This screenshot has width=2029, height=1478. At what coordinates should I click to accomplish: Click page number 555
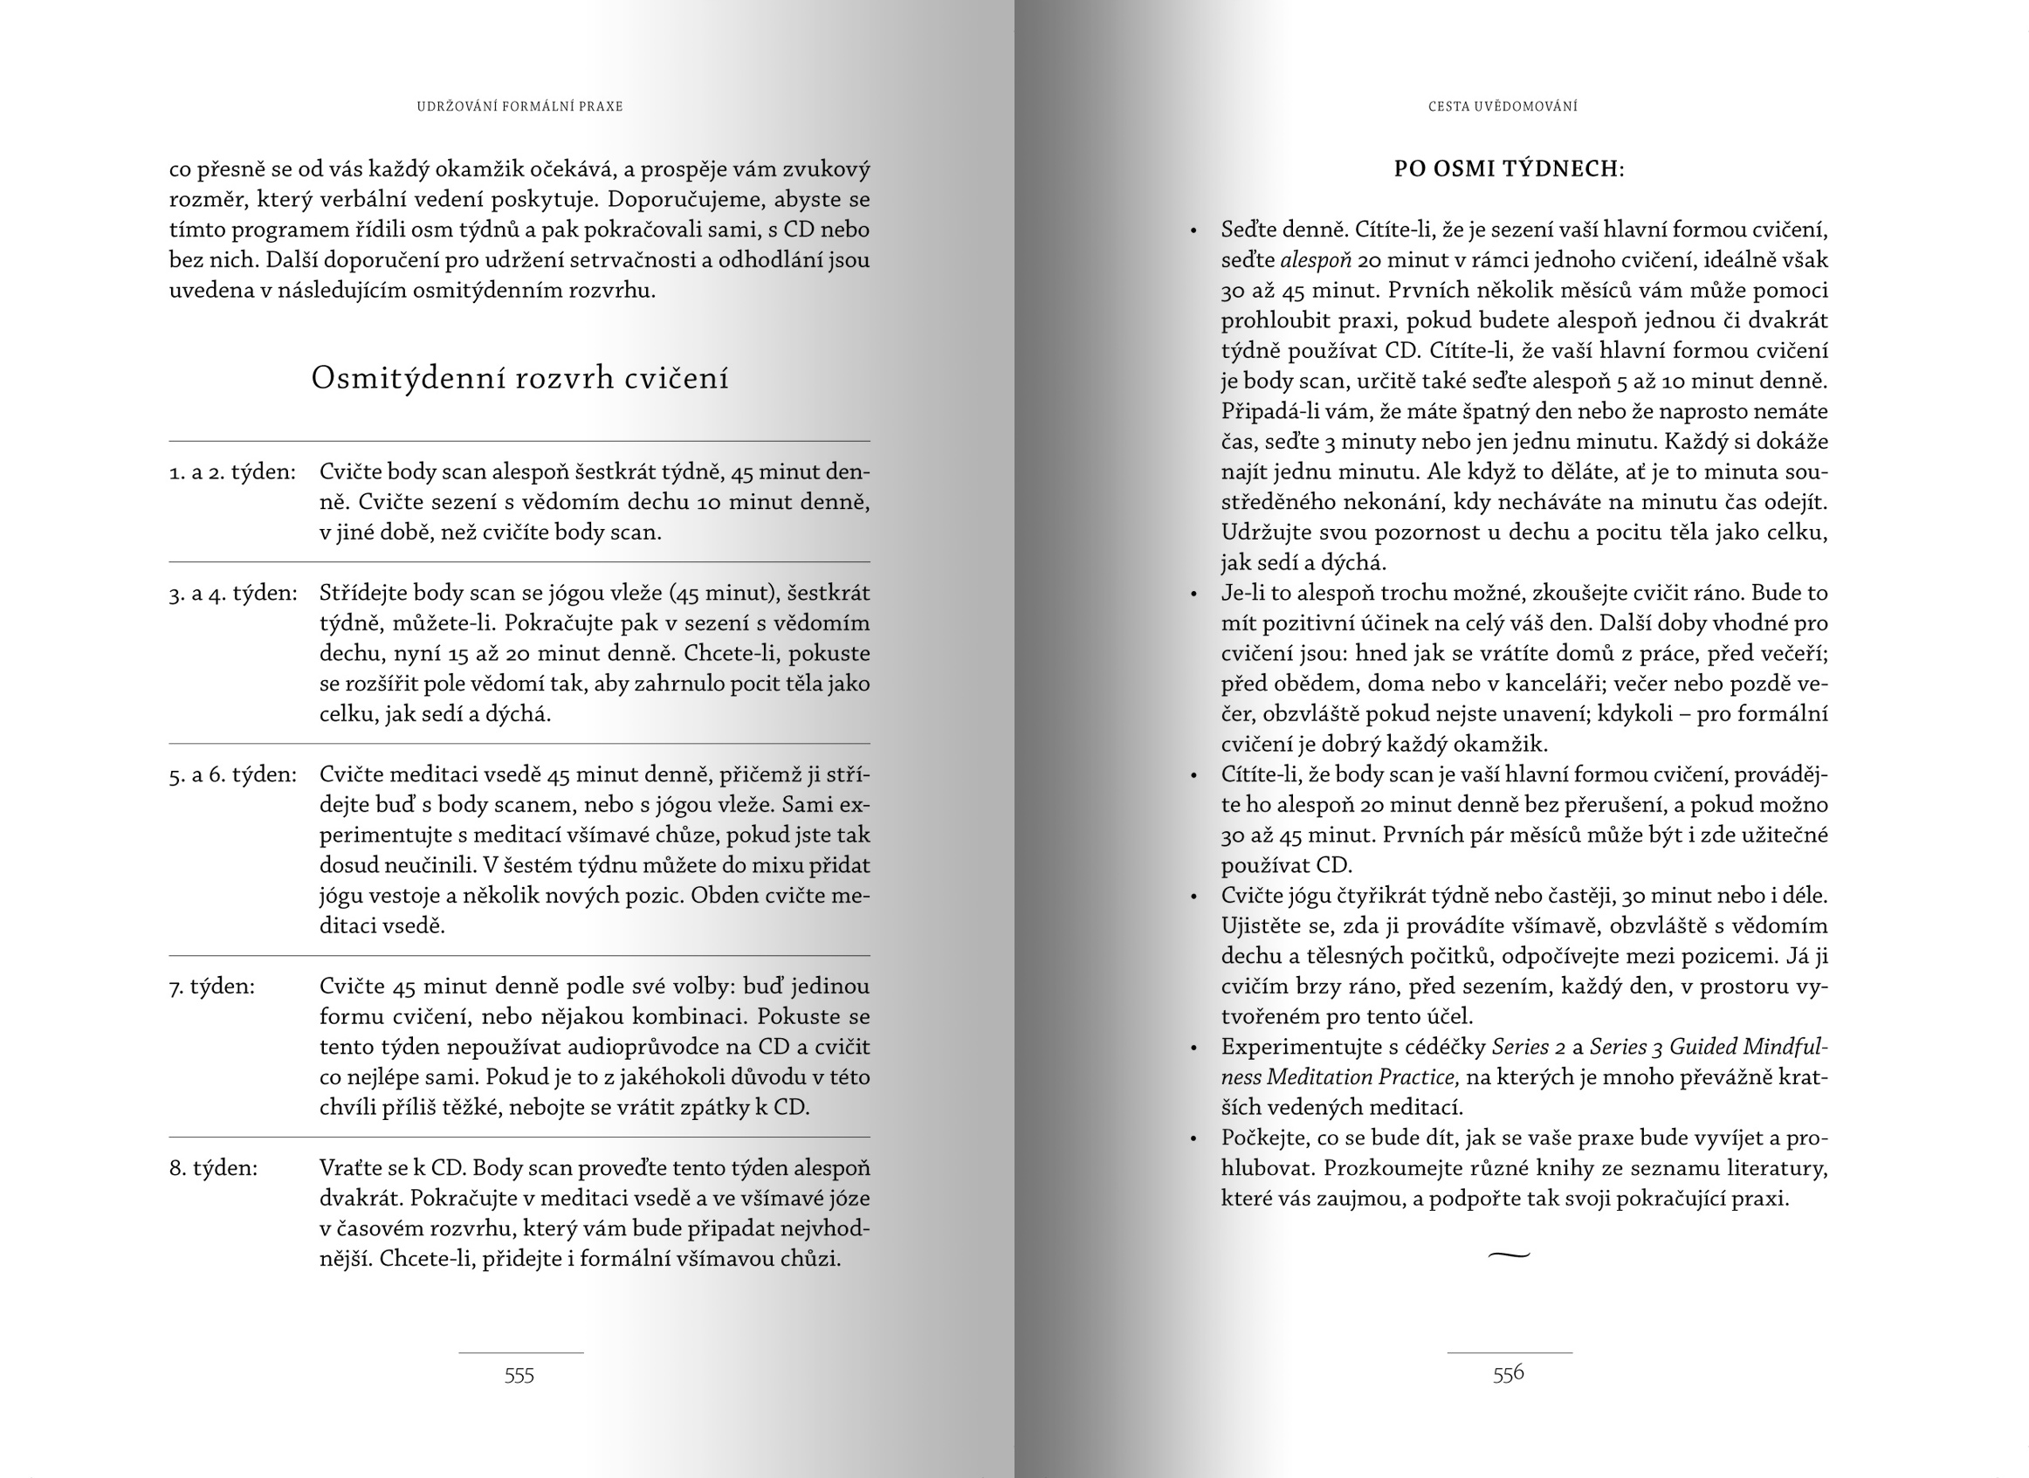519,1375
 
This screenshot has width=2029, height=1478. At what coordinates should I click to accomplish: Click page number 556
1509,1374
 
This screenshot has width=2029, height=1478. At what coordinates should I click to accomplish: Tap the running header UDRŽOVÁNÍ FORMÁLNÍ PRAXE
519,107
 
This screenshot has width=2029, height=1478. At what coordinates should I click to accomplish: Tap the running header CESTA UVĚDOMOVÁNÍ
1503,107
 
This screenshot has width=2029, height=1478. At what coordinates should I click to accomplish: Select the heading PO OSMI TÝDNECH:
1510,168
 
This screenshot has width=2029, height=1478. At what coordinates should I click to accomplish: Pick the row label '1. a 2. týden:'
232,471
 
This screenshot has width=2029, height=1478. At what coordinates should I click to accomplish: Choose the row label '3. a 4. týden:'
233,593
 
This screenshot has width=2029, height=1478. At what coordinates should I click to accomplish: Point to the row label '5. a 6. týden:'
232,774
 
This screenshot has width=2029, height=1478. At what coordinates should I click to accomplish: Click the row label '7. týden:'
212,986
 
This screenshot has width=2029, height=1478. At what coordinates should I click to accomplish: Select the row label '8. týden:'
214,1167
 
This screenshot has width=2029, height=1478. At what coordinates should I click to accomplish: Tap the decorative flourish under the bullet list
1510,1255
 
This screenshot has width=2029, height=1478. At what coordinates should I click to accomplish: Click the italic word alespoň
1315,260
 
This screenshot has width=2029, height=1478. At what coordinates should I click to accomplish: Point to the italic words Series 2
1528,1047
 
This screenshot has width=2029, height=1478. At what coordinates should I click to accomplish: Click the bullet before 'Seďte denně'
1193,230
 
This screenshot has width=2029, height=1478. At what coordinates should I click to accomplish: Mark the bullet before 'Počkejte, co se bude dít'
1193,1139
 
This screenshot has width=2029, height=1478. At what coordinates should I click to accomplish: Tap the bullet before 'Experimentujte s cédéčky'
1193,1048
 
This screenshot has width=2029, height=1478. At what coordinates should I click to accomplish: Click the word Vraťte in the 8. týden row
349,1167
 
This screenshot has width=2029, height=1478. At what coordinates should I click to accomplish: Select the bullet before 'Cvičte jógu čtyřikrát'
1193,897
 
